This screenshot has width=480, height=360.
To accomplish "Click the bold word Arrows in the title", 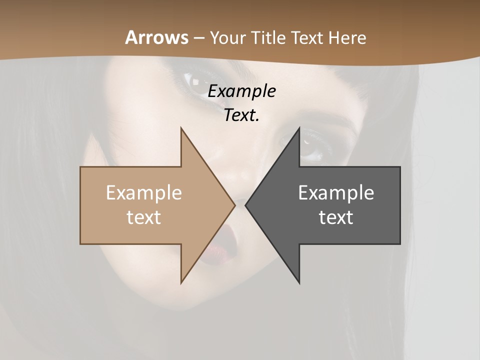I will (x=156, y=37).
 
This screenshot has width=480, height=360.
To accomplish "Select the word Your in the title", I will (x=227, y=38).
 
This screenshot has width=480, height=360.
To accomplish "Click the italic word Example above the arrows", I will (x=241, y=91).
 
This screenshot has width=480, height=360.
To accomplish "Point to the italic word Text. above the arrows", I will (x=241, y=115).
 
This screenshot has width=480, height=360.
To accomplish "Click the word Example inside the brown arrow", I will (x=143, y=193).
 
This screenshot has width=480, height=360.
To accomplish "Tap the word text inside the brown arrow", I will (x=143, y=217).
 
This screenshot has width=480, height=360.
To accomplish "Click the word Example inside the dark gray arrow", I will (x=336, y=193).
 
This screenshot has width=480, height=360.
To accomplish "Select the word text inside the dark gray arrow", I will (x=336, y=217).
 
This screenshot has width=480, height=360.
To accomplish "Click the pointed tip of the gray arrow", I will (x=245, y=205).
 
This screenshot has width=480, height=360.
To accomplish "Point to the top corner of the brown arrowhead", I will (x=181, y=128).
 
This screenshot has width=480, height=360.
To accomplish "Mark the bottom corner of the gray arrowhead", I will (x=299, y=283).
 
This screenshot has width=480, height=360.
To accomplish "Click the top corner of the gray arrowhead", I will (x=299, y=128).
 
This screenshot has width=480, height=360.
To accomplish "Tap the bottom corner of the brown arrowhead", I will (x=181, y=283).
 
